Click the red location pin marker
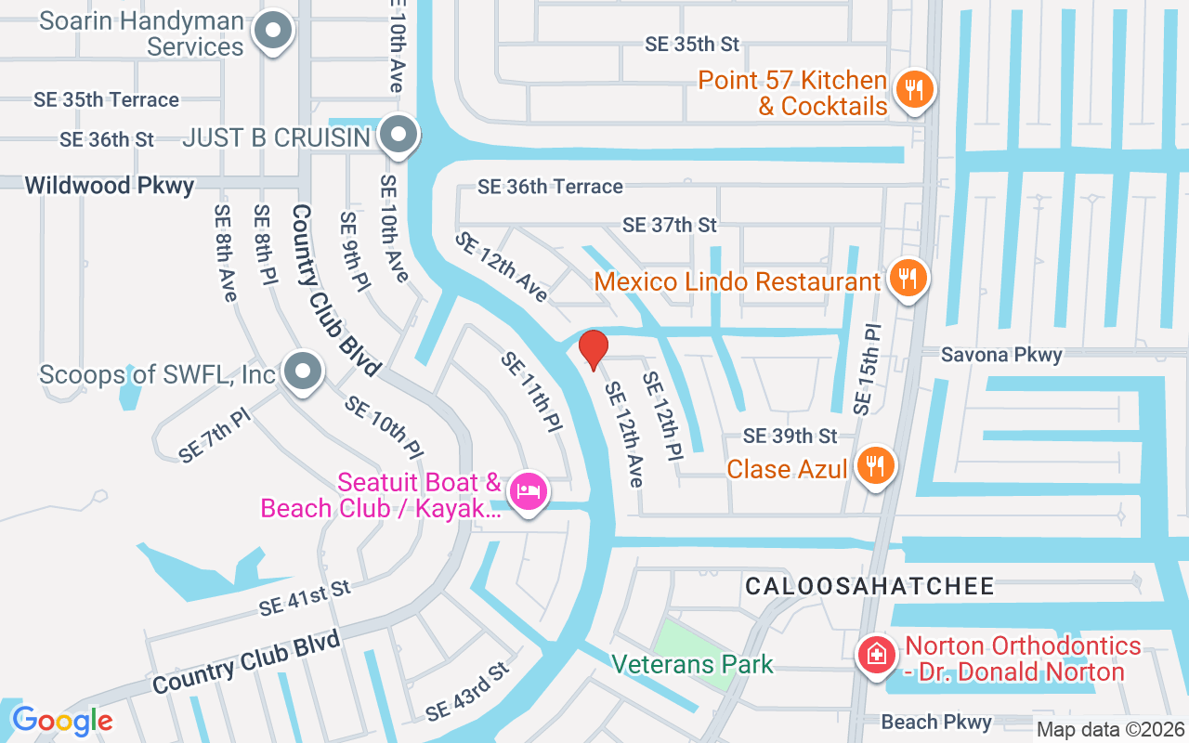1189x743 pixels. (594, 349)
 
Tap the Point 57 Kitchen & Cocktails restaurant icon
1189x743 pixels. (915, 90)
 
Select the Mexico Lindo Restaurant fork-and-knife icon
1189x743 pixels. (906, 278)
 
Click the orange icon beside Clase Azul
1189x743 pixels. (874, 465)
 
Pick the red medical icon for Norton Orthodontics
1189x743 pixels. (875, 656)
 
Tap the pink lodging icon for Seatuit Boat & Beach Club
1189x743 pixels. (528, 491)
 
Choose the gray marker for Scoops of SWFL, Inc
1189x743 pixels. (302, 372)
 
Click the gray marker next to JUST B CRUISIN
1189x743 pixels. (399, 136)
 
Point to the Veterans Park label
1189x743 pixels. (693, 665)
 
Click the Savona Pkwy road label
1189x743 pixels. (1001, 354)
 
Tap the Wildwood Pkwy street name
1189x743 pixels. (110, 185)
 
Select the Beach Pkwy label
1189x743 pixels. (936, 722)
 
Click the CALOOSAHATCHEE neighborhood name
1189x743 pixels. (870, 586)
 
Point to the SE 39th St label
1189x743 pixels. (790, 436)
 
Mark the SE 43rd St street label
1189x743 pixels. (468, 692)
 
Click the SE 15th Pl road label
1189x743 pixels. (867, 369)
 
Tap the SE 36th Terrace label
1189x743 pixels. (550, 187)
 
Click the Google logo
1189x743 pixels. (62, 721)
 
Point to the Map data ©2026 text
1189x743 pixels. (1110, 730)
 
